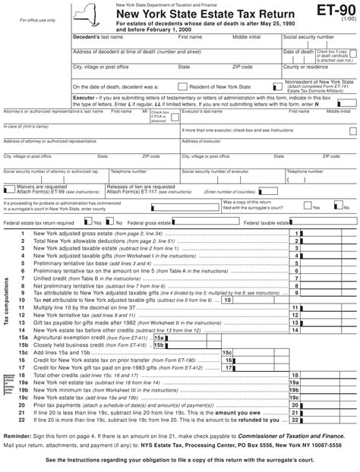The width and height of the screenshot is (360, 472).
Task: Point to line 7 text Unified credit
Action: coord(49,278)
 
